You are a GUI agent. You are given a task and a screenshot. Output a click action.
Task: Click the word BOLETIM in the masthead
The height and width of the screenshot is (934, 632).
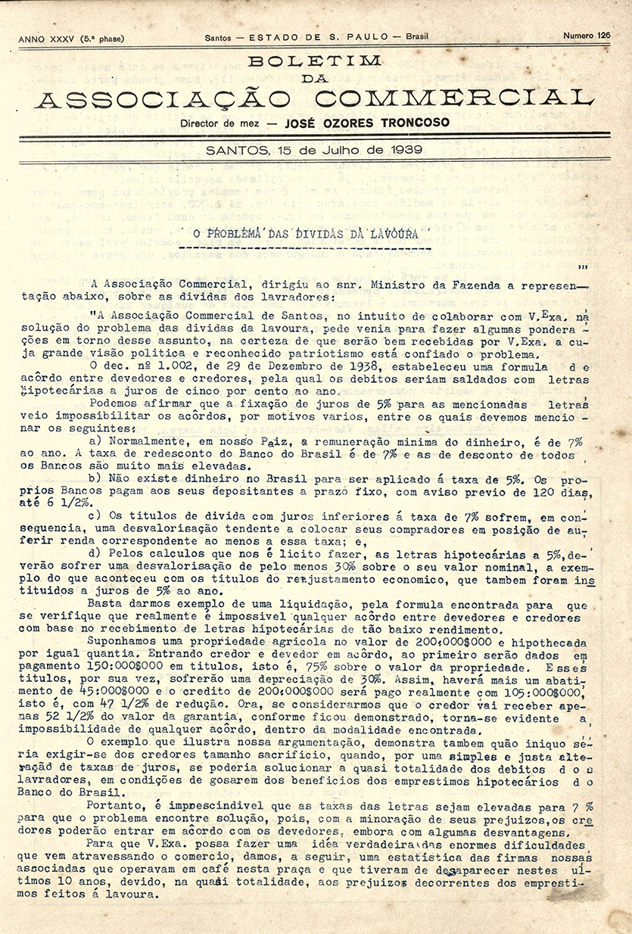(315, 61)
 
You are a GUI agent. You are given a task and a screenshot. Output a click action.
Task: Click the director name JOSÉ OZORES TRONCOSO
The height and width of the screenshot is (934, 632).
(366, 123)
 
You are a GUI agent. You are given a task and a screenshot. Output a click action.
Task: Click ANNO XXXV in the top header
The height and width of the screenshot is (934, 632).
(47, 38)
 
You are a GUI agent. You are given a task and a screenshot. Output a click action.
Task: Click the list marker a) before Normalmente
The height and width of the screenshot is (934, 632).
(95, 441)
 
